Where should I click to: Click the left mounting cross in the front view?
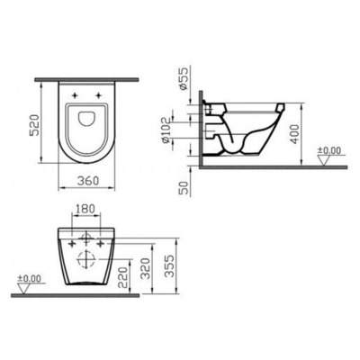69,243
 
